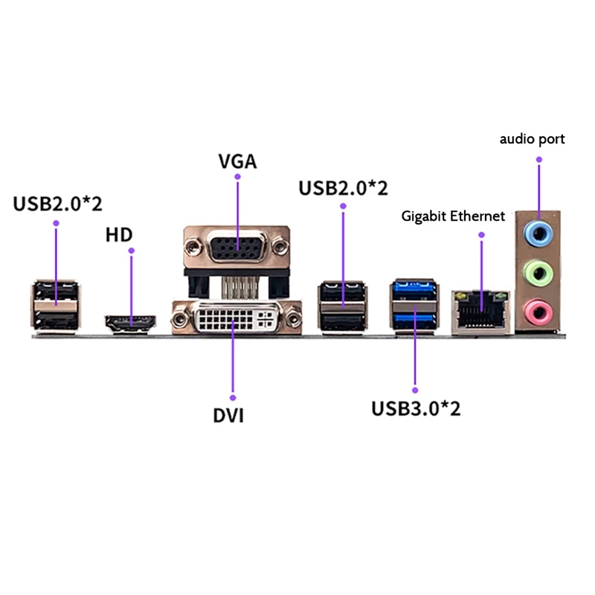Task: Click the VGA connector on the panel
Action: [237, 246]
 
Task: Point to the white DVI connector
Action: [237, 319]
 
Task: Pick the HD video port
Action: [131, 324]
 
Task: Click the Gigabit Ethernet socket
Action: [481, 309]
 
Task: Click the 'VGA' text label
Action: [237, 161]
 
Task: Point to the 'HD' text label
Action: [118, 236]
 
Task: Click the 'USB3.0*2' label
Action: [416, 408]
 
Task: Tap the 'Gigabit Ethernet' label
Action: [453, 216]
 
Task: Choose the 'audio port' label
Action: [532, 139]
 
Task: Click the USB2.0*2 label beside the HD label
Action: [57, 204]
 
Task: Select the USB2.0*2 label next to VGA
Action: [343, 187]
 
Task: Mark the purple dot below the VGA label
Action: [237, 177]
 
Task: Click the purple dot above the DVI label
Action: [232, 396]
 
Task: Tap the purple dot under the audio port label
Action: [539, 158]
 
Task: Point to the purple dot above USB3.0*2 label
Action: [414, 388]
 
